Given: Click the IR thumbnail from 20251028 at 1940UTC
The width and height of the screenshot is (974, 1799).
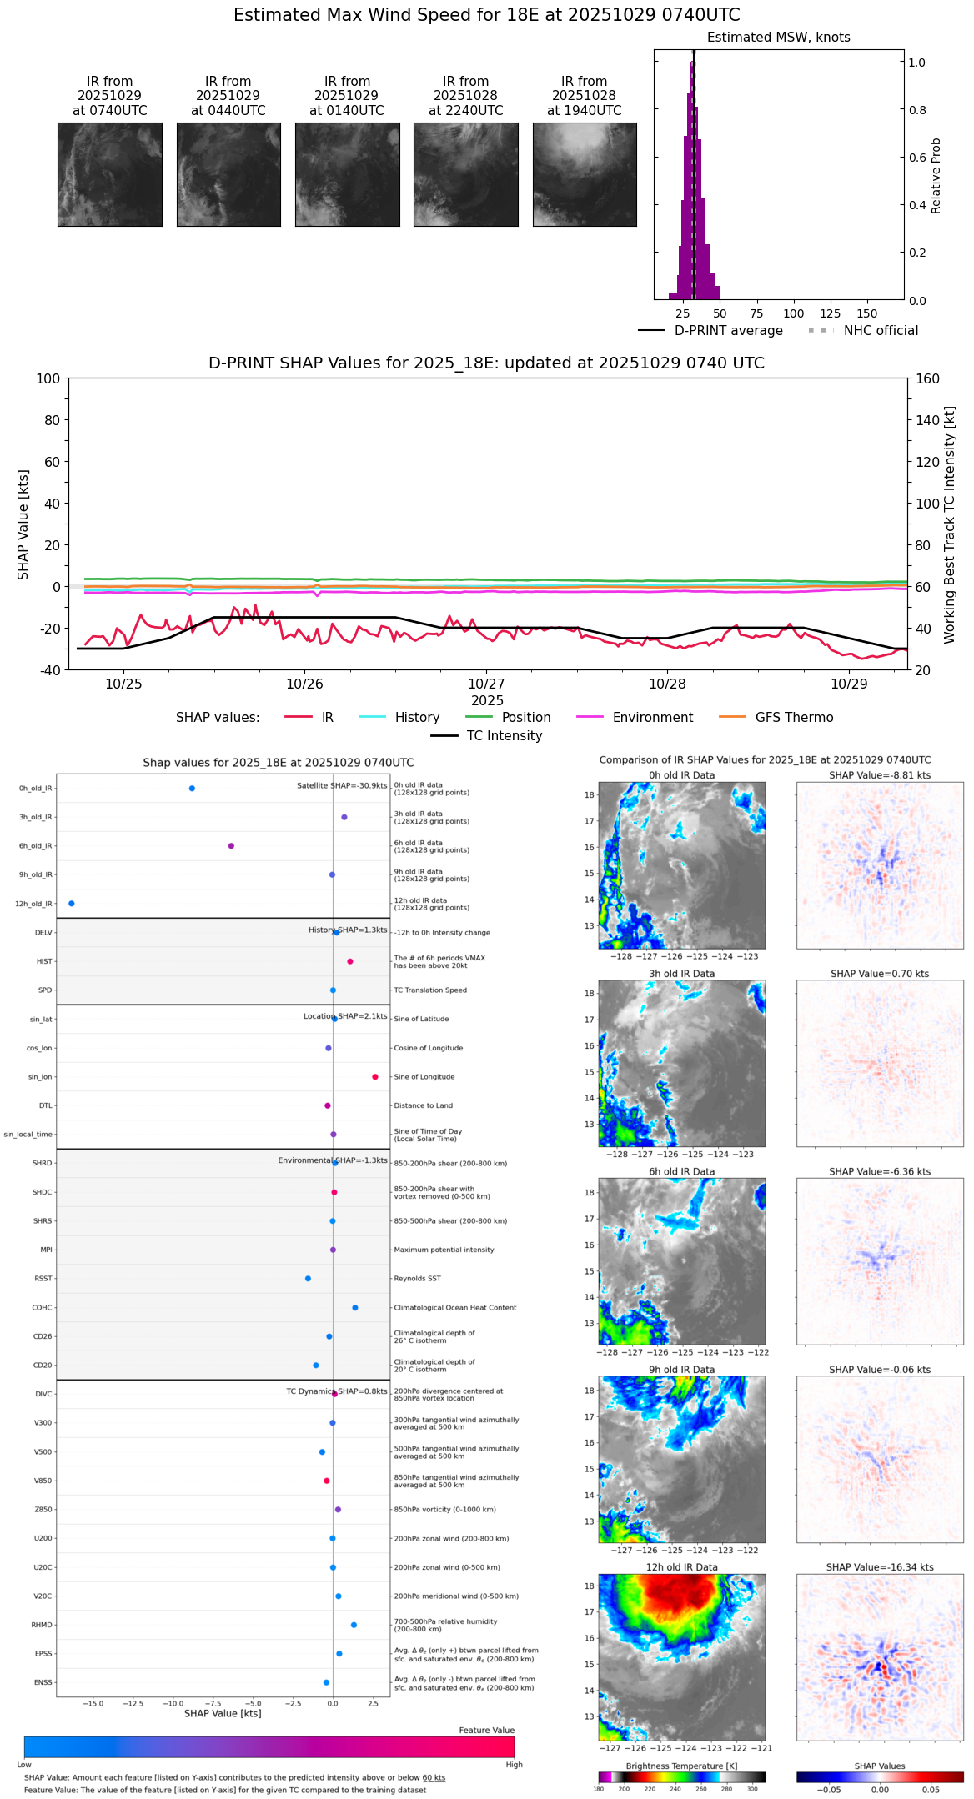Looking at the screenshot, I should [585, 174].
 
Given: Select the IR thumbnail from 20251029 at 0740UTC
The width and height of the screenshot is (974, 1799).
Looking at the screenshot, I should [109, 174].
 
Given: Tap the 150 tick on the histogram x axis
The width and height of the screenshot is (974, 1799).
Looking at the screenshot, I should [867, 314].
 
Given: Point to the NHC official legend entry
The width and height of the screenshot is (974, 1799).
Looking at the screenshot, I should [880, 331].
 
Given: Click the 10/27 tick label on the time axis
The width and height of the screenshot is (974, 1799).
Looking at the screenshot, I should [486, 684].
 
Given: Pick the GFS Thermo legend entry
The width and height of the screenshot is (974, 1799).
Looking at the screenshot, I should [794, 718].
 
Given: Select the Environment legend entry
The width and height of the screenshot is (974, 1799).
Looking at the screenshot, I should [652, 718].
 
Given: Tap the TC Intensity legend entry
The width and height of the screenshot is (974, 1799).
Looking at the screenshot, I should [504, 736].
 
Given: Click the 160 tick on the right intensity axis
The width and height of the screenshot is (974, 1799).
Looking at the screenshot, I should [928, 379].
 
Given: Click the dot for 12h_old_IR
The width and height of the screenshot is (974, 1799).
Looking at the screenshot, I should [72, 904].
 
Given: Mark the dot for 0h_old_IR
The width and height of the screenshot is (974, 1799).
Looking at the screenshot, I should [192, 789].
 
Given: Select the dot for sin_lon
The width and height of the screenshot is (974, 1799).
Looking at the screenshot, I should [375, 1077].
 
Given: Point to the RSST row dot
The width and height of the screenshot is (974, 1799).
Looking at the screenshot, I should [308, 1279].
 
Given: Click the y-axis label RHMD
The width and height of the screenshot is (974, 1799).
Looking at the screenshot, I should [42, 1625].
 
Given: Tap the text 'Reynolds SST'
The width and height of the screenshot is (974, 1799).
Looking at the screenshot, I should [417, 1279].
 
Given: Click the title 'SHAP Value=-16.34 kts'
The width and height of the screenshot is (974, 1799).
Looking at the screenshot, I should [880, 1567].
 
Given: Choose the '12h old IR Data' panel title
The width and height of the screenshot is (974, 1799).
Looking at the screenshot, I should [681, 1567].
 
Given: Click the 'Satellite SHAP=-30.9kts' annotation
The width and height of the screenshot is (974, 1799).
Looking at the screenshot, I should [342, 786].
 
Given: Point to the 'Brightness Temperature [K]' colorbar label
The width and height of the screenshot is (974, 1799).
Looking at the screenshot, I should [681, 1766].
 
